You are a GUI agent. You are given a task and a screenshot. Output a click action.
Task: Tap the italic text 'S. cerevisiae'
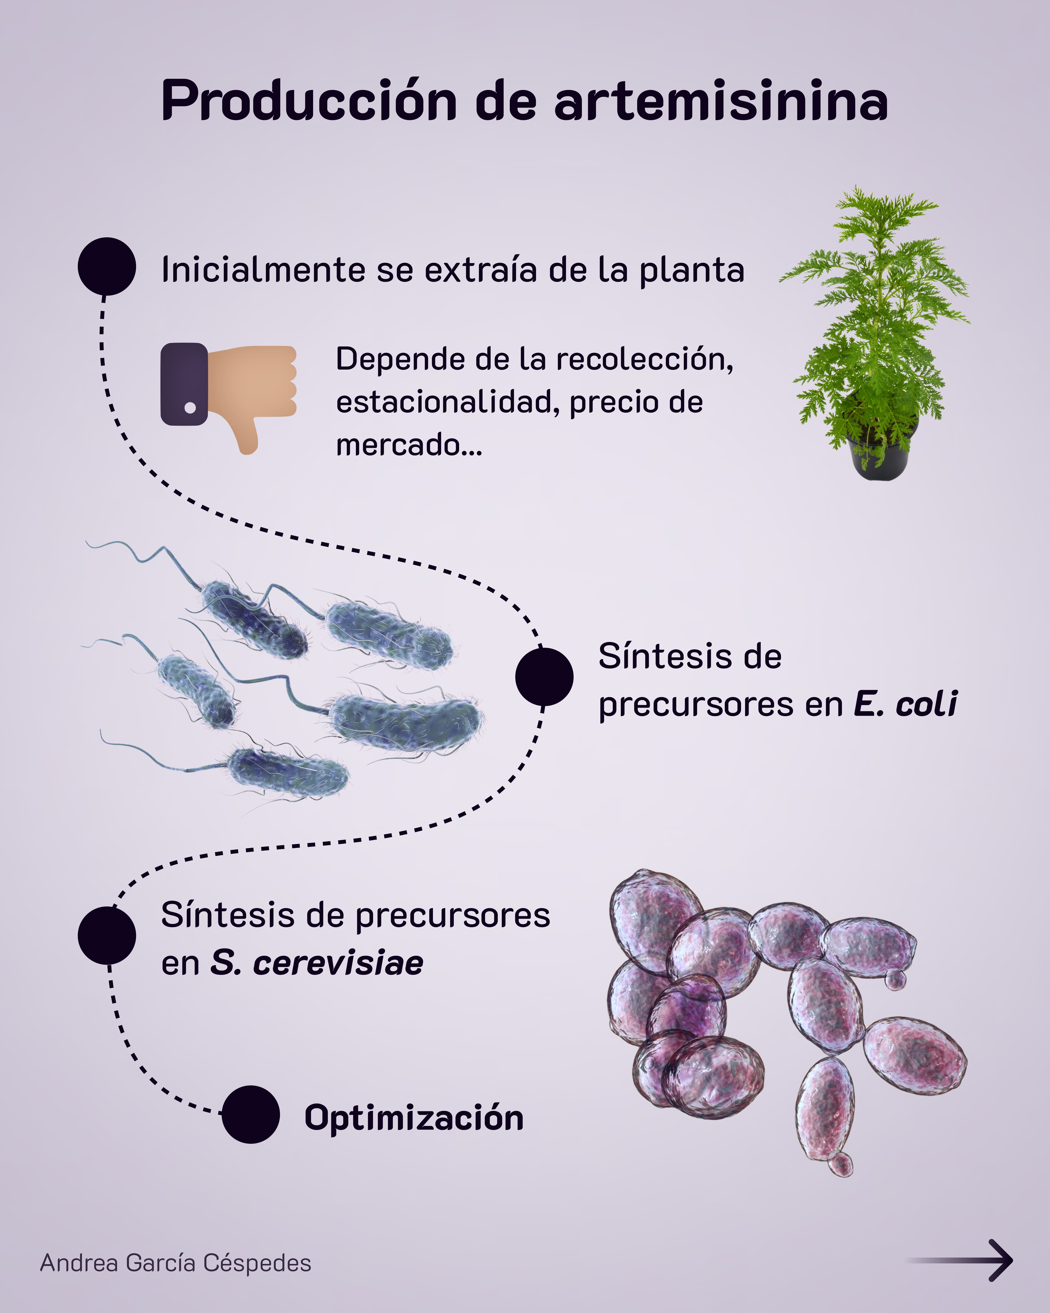pyautogui.click(x=316, y=964)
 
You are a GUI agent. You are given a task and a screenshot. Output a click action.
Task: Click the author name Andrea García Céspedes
pyautogui.click(x=175, y=1263)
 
